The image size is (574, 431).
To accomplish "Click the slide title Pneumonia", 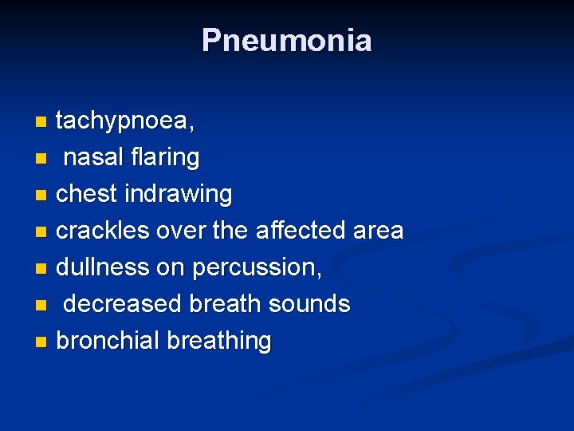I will pyautogui.click(x=286, y=40).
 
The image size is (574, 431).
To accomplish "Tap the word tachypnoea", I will pyautogui.click(x=124, y=121).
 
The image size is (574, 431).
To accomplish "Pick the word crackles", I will pyautogui.click(x=103, y=231).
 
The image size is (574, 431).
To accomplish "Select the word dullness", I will pyautogui.click(x=103, y=267).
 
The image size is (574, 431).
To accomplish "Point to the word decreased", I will pyautogui.click(x=124, y=304).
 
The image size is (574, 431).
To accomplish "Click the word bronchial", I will pyautogui.click(x=108, y=341).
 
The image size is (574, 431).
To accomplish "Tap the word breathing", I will pyautogui.click(x=219, y=342).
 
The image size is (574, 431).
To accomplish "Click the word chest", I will pyautogui.click(x=83, y=194).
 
